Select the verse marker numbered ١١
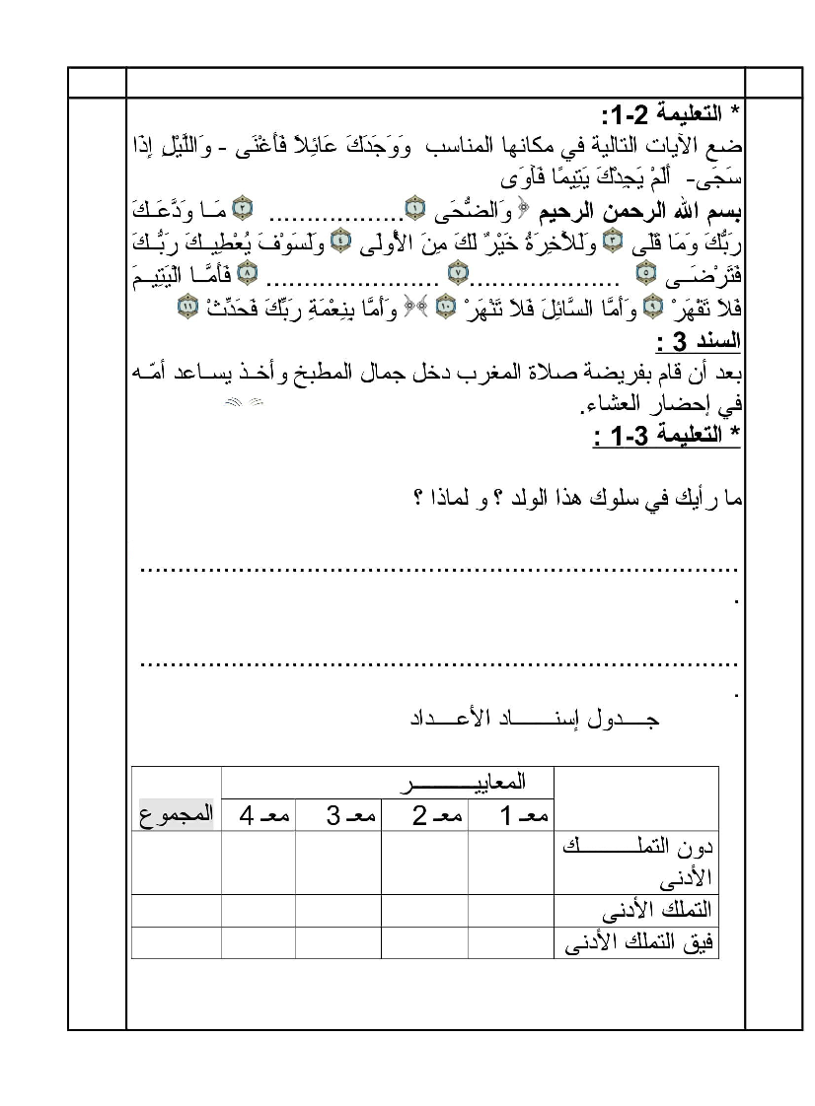[x=186, y=306]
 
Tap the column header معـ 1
[x=511, y=815]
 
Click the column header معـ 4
[x=259, y=815]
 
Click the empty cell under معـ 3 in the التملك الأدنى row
[x=338, y=910]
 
